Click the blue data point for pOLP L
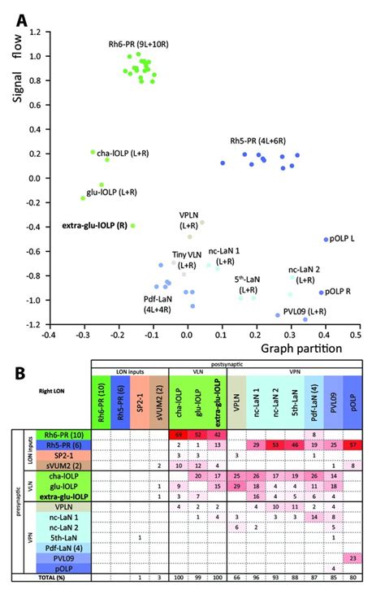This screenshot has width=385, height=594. point(326,240)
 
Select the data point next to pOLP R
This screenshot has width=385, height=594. point(322,293)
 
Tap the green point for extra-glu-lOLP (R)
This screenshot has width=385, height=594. point(132,225)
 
